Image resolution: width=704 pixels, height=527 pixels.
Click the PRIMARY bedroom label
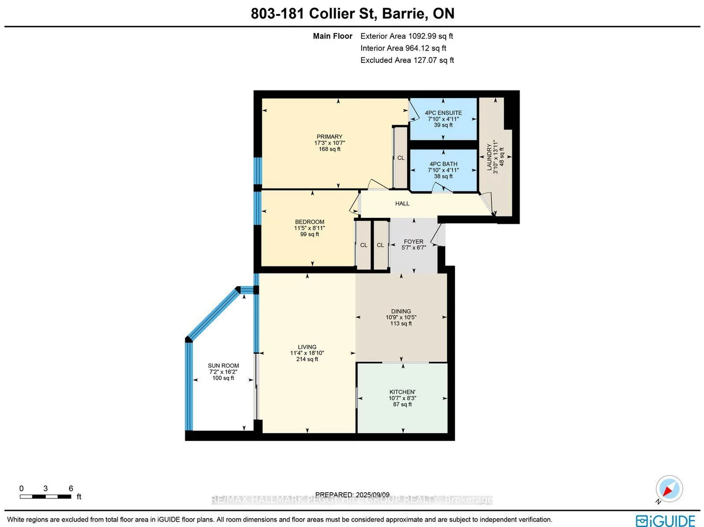click(329, 137)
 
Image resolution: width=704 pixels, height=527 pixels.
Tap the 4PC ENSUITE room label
click(443, 113)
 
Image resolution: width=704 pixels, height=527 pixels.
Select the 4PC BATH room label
click(443, 164)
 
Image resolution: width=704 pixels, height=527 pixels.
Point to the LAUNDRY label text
click(490, 157)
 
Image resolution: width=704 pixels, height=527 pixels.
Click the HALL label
click(402, 204)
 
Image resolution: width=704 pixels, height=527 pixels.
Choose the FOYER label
click(413, 242)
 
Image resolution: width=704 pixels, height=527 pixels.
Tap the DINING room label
click(401, 311)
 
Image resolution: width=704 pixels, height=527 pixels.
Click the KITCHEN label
click(402, 392)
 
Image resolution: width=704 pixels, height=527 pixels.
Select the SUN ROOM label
click(223, 366)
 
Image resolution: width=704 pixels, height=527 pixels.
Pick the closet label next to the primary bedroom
click(401, 158)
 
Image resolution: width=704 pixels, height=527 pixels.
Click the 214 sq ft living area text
click(307, 359)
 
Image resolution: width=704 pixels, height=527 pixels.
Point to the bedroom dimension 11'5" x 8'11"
click(309, 228)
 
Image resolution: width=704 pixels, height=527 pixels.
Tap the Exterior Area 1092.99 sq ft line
click(406, 36)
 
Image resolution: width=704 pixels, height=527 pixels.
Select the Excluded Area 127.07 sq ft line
click(407, 60)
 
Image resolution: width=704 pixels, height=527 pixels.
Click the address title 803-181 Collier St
click(352, 14)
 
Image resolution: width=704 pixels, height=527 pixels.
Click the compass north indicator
click(669, 489)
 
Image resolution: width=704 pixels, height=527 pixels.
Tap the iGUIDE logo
click(665, 521)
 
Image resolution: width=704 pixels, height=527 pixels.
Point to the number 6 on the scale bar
click(71, 489)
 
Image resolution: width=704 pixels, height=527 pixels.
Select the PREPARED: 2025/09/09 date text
click(352, 495)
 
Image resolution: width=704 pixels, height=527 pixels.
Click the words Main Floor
click(333, 36)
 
